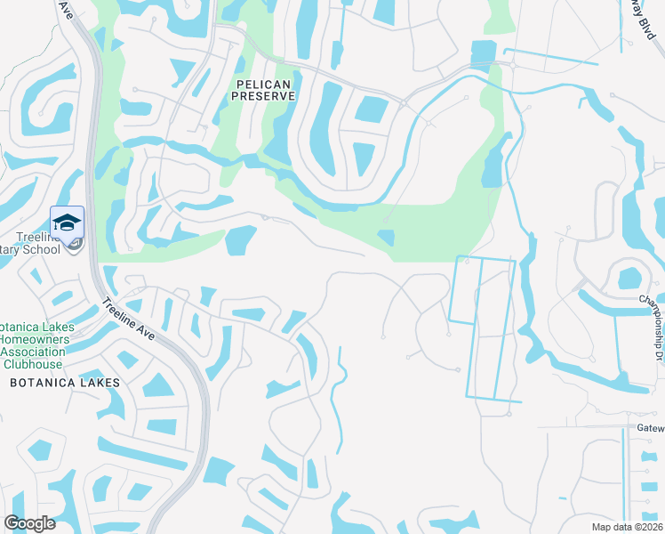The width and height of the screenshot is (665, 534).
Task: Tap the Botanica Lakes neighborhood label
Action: tap(63, 382)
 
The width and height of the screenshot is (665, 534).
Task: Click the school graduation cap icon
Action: tap(67, 222)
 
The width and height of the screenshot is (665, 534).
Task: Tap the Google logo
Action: tap(29, 522)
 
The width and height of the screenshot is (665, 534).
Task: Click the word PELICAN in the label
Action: tap(260, 83)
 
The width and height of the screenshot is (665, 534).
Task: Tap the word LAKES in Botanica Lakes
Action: tap(99, 382)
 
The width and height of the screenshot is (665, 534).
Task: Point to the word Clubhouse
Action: tap(33, 364)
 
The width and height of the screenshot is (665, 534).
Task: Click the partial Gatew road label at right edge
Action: tap(650, 427)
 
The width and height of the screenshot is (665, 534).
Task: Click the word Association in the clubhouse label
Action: tap(34, 352)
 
